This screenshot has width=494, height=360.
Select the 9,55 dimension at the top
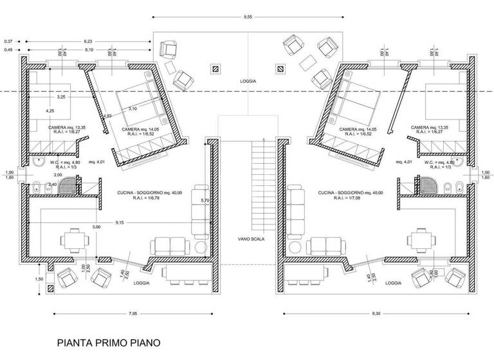(x=247, y=17)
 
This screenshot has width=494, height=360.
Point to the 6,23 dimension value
(x=89, y=42)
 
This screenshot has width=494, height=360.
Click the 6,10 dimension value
(x=89, y=50)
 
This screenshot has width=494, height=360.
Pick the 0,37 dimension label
(x=8, y=42)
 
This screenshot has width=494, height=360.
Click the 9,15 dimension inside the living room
(x=120, y=222)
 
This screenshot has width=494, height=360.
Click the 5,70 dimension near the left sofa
(x=205, y=201)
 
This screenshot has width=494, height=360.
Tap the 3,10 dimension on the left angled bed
(x=132, y=109)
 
